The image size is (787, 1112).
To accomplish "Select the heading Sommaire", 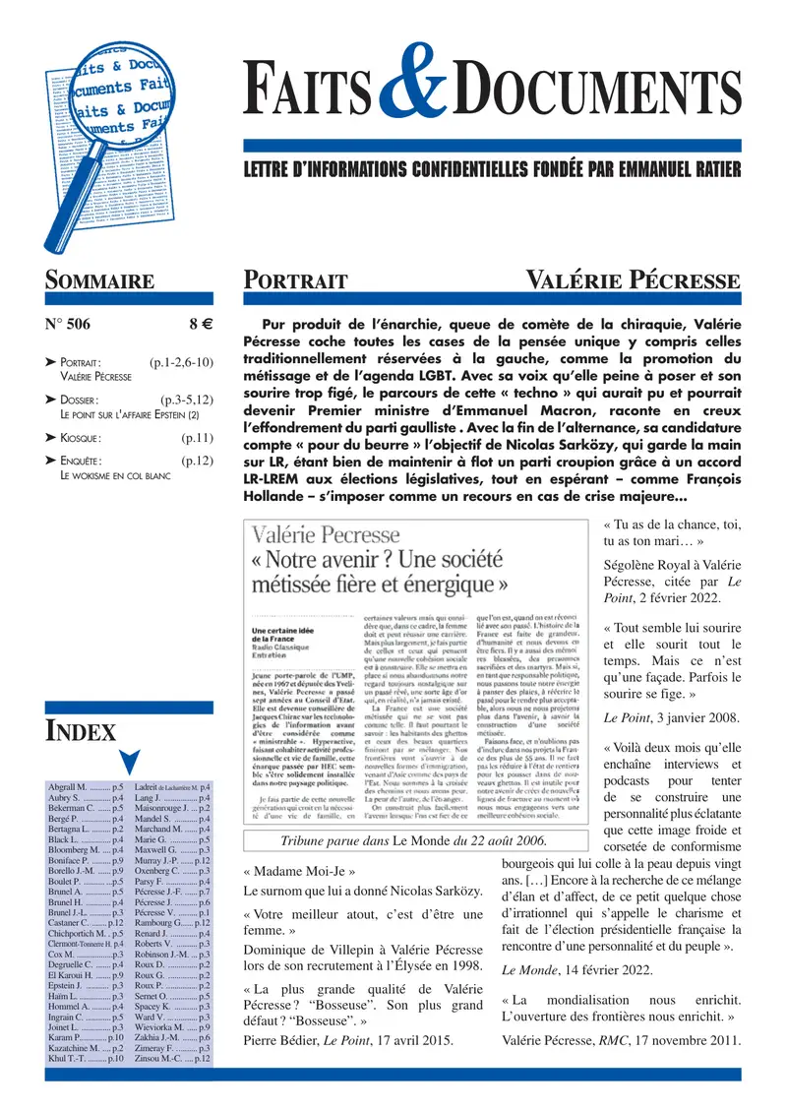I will [x=99, y=280].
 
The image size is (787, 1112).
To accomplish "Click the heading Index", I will [x=82, y=730].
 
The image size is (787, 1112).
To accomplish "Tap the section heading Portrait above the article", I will [x=295, y=280].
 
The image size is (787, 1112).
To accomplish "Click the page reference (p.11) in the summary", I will [x=197, y=436].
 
